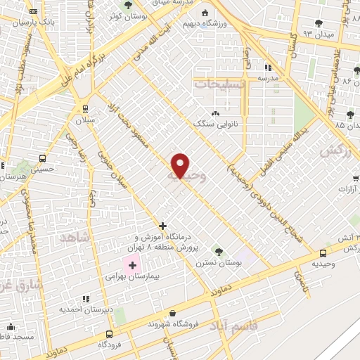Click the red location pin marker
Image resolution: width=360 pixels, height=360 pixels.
181,165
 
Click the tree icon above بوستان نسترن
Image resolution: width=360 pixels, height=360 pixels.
218,251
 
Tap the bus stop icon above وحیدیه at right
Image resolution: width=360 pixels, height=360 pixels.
323,253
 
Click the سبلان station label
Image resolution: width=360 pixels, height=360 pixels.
85,120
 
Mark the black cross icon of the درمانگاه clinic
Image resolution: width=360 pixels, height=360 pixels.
163,226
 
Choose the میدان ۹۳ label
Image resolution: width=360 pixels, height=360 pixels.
318,33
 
